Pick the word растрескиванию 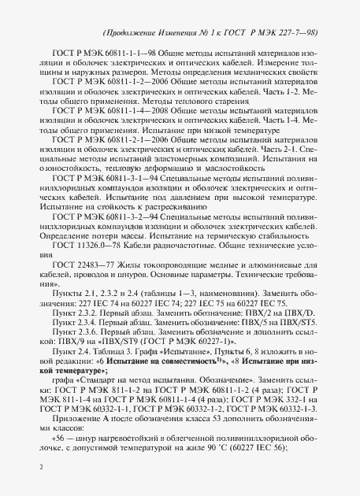[x=161, y=230]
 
